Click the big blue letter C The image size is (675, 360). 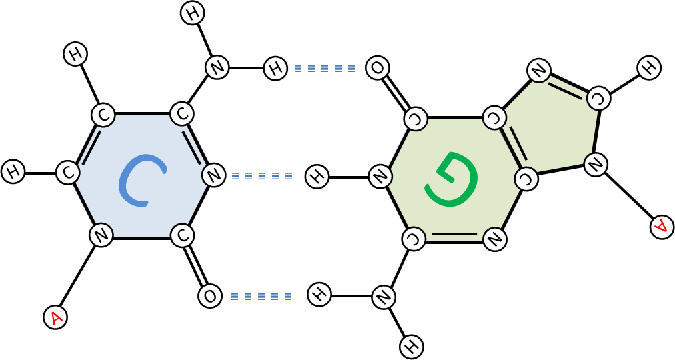tap(141, 180)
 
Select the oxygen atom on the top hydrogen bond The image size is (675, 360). tap(377, 68)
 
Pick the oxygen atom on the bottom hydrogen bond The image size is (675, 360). tap(210, 296)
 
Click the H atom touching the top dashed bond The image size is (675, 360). tap(275, 68)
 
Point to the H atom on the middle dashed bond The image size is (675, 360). tap(317, 177)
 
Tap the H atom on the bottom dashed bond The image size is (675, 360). tap(319, 295)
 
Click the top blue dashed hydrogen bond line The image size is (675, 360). tap(325, 68)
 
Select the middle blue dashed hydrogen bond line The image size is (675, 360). tap(262, 176)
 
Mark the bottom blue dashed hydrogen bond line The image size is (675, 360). tap(261, 296)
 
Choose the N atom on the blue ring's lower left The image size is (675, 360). tap(101, 235)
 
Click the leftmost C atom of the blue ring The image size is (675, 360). tap(68, 173)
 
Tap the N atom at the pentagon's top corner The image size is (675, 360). tap(539, 71)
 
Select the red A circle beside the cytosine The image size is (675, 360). tap(55, 317)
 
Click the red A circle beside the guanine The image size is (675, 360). tap(662, 227)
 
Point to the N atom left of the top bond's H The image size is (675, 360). tap(217, 67)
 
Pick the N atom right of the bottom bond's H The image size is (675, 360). tap(384, 297)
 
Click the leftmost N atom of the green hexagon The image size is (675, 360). tap(380, 177)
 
